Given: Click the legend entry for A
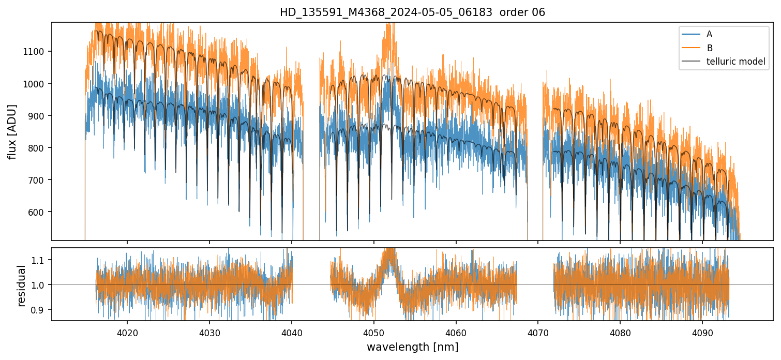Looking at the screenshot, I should point(709,34).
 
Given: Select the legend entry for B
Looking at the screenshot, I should point(709,48).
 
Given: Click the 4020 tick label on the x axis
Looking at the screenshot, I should point(127,332).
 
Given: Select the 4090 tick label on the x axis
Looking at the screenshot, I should point(702,332).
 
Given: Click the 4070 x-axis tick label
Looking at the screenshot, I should point(538,332).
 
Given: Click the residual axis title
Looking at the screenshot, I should point(21,285).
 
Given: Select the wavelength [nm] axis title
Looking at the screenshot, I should point(412,347).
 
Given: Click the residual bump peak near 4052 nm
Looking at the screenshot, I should point(388,252).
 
